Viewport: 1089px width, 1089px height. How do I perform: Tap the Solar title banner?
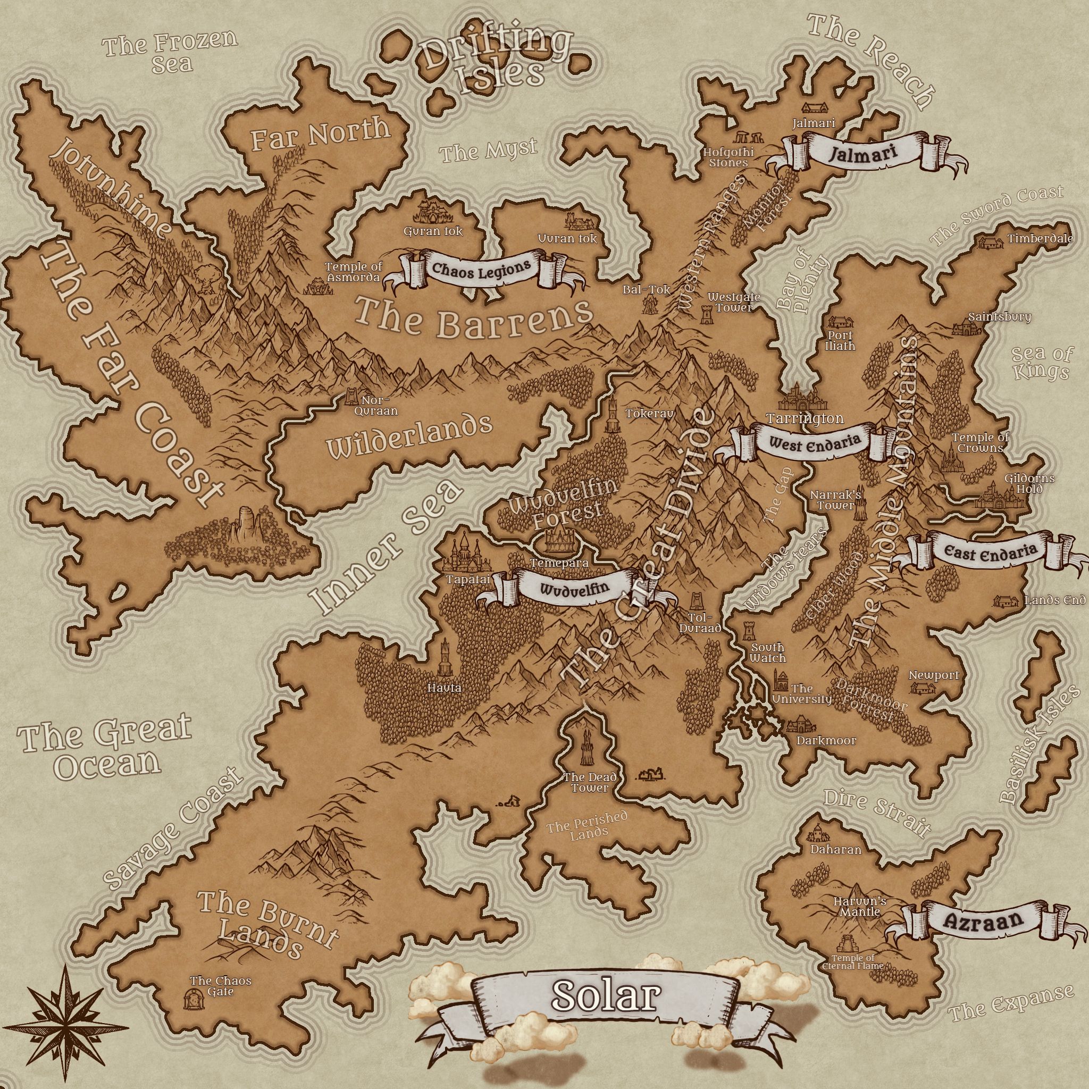[x=605, y=996]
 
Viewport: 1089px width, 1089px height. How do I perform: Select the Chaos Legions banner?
[x=481, y=269]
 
